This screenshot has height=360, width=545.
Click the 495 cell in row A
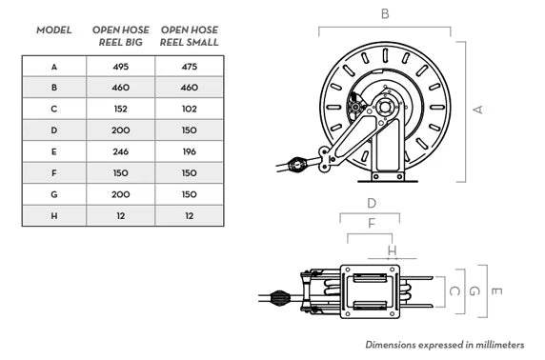(x=121, y=67)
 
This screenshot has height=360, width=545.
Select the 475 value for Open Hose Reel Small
(x=189, y=67)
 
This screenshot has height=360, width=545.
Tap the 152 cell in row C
(x=121, y=109)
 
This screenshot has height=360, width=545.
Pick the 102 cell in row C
(x=189, y=109)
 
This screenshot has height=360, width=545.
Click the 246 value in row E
(x=121, y=151)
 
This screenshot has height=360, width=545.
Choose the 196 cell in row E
(x=189, y=151)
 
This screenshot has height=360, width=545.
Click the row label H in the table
(x=54, y=216)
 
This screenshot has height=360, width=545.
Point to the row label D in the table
(x=54, y=130)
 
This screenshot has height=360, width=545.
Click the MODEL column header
(x=54, y=30)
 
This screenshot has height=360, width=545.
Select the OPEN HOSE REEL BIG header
(x=121, y=36)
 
